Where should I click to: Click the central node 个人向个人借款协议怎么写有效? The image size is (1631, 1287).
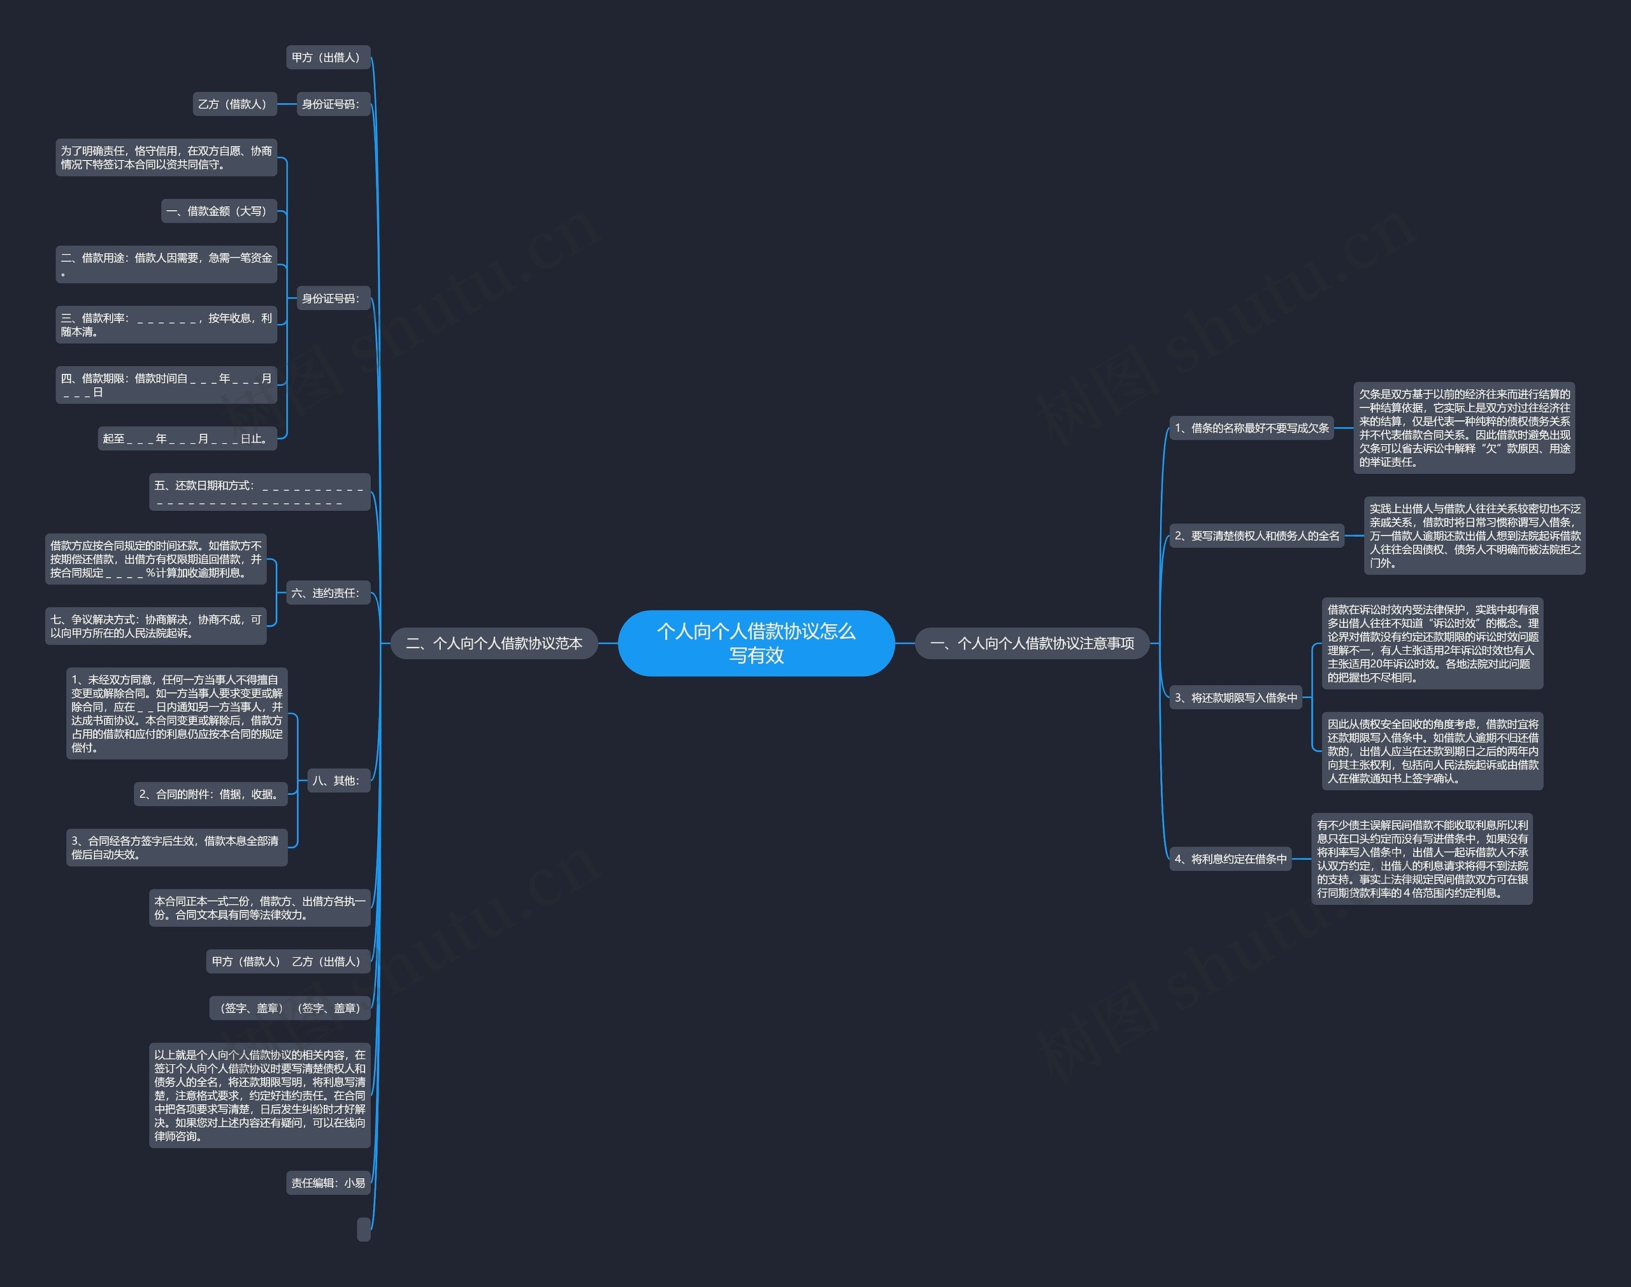click(x=756, y=643)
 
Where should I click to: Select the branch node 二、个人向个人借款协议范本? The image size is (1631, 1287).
click(x=494, y=643)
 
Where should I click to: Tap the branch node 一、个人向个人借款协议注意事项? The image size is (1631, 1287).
click(x=1032, y=643)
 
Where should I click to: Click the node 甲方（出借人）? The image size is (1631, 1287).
click(x=328, y=57)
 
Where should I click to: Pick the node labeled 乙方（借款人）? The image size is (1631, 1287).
click(x=234, y=104)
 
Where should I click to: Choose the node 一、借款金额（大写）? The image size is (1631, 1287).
click(x=219, y=211)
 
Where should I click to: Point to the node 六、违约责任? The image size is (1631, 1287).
click(x=327, y=593)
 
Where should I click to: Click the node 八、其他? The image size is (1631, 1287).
click(x=338, y=781)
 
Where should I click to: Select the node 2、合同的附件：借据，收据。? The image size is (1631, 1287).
click(x=211, y=794)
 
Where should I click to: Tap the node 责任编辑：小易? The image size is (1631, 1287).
click(x=329, y=1183)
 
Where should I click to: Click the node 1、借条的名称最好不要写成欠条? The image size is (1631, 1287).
click(x=1251, y=428)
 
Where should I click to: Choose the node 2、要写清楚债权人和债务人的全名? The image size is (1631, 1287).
click(x=1256, y=536)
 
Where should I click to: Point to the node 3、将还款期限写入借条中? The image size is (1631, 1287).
click(x=1235, y=698)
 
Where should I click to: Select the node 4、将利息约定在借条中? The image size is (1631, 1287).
click(x=1230, y=859)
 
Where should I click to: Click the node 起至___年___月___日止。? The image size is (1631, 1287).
click(x=187, y=439)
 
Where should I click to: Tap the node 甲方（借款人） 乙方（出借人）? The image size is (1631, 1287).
click(x=288, y=962)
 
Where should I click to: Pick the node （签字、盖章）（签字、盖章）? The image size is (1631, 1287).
click(x=289, y=1008)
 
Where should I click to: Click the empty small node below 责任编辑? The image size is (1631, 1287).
click(x=364, y=1229)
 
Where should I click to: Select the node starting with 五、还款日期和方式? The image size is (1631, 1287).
click(x=259, y=492)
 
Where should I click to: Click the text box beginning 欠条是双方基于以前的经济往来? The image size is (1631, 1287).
click(x=1463, y=428)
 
